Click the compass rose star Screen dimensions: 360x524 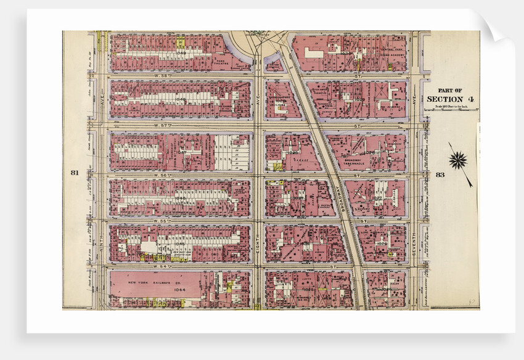coord(458,161)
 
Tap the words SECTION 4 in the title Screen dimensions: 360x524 coord(450,99)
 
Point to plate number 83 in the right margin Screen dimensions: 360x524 coord(440,174)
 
